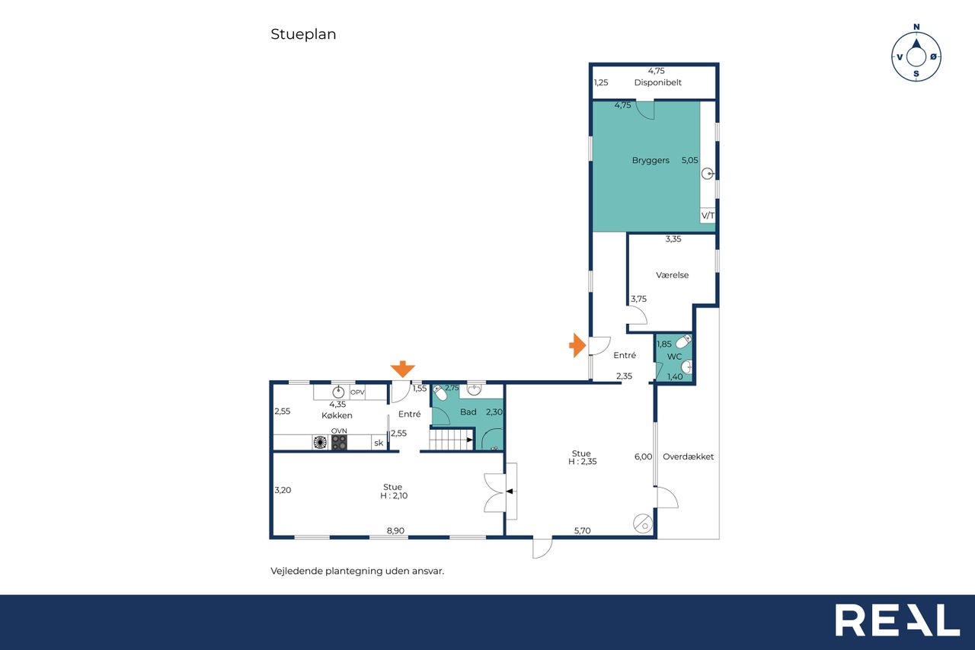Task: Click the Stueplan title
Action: (x=303, y=34)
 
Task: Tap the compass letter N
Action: (x=916, y=27)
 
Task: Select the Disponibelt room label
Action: (x=657, y=82)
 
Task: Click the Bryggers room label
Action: (x=651, y=160)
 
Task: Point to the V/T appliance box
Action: (x=708, y=215)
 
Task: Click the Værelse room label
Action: (x=672, y=275)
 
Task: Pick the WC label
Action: (x=674, y=357)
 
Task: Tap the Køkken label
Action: (x=337, y=415)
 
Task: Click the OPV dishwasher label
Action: (x=357, y=392)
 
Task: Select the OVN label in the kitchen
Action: (x=339, y=431)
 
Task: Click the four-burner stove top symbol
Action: (x=339, y=442)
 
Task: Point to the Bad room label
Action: (x=468, y=411)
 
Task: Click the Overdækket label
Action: (x=688, y=456)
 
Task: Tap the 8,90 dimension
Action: (x=395, y=530)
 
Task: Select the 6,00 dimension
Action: (x=644, y=456)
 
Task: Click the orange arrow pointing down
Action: (x=403, y=369)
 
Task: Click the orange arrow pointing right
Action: (x=577, y=346)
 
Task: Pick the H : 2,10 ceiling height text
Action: (x=394, y=495)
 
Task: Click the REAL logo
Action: (x=897, y=620)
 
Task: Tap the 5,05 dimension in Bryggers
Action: (x=690, y=160)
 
